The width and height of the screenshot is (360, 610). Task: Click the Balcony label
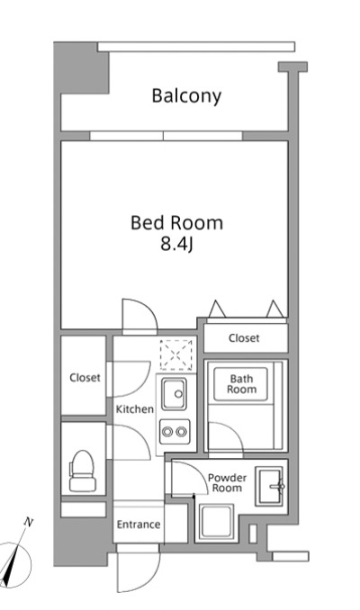pos(186,96)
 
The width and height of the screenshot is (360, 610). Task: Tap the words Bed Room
pos(176,223)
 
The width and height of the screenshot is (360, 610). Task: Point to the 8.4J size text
pos(176,245)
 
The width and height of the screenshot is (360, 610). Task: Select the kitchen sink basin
pos(174,394)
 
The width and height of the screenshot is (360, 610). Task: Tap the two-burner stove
pos(175,432)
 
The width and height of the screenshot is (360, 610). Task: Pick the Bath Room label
pos(242,384)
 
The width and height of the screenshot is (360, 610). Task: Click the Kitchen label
pos(135,409)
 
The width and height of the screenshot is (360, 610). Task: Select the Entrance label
pos(139,525)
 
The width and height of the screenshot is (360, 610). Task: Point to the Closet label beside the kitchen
pos(85,377)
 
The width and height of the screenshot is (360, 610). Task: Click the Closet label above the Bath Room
pos(244,338)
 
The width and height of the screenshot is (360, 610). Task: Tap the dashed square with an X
pos(176,354)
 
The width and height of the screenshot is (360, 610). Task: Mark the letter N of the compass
pos(28,522)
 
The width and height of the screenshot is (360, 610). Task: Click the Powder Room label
pos(228,483)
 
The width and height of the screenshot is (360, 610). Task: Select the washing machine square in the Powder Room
pos(216,522)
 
